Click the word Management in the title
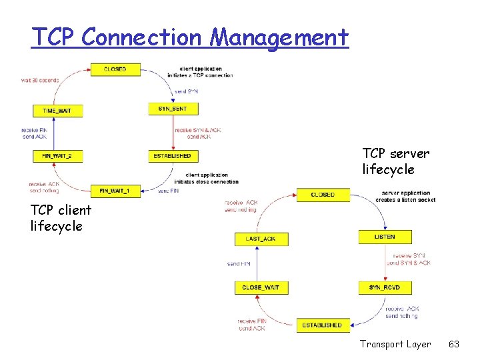pos(279,37)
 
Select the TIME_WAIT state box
pos(58,110)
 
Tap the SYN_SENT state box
pos(173,108)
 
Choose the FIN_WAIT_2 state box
pos(58,155)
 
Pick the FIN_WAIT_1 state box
pos(115,190)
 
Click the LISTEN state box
pos(384,237)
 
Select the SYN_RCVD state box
pos(384,287)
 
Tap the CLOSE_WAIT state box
pos(261,287)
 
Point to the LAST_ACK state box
pos(261,238)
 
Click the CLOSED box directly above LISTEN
pos(323,195)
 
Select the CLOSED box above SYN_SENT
pos(115,69)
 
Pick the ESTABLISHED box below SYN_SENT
pos(173,155)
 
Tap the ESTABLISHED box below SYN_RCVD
pos(322,325)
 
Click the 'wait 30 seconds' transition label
pos(40,80)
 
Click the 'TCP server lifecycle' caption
pos(396,161)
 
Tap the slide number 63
pos(454,344)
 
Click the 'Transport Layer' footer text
pos(395,344)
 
